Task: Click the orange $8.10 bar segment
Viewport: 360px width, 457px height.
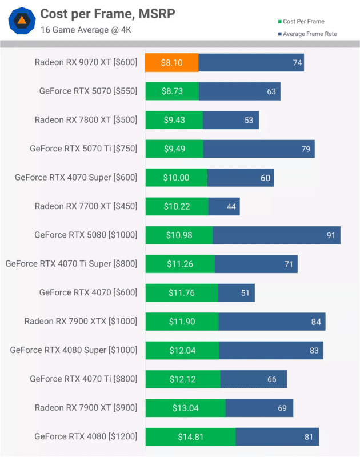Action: (x=172, y=62)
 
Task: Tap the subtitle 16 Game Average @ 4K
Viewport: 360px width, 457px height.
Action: (x=86, y=30)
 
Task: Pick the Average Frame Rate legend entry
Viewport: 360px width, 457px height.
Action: (x=309, y=34)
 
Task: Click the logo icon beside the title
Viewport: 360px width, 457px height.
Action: (x=22, y=21)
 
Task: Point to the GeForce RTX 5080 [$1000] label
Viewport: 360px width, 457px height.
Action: (x=86, y=235)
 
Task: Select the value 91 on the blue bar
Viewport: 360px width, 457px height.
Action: (x=330, y=235)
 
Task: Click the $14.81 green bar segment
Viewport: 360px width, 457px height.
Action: (x=190, y=437)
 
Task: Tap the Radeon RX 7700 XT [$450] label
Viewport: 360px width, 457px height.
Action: (x=86, y=206)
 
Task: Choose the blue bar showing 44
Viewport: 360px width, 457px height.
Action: (x=224, y=206)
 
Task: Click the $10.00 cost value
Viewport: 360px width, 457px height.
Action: (x=176, y=178)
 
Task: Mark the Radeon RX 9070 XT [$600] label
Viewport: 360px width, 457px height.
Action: (x=86, y=62)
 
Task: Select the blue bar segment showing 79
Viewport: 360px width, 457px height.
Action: (x=258, y=149)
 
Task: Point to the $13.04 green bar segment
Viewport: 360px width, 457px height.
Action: (x=185, y=408)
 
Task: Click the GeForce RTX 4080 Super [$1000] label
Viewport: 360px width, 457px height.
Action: (x=74, y=350)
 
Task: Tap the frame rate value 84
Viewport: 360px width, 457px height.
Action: (x=315, y=322)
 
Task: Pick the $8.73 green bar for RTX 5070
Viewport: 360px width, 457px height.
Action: (x=172, y=91)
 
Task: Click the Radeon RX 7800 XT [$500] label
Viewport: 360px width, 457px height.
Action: (x=86, y=120)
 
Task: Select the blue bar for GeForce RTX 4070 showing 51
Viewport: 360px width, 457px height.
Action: (x=236, y=292)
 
